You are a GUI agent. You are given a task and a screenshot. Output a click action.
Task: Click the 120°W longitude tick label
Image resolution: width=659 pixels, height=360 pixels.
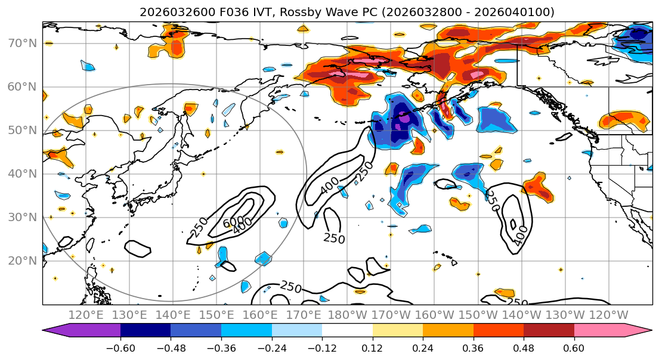[x=608, y=315]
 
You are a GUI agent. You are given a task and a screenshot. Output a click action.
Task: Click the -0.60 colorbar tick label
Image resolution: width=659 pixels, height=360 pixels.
[x=120, y=347]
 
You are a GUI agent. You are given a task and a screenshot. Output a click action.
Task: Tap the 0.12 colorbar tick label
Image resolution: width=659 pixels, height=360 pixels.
[x=372, y=347]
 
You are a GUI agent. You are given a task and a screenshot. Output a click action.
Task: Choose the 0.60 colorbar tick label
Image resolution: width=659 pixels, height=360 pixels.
[x=574, y=347]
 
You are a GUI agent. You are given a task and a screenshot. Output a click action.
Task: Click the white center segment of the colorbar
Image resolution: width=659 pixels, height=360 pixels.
[x=347, y=331]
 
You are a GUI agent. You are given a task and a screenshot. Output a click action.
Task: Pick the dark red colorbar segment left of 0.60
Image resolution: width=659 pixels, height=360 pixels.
[x=549, y=331]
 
